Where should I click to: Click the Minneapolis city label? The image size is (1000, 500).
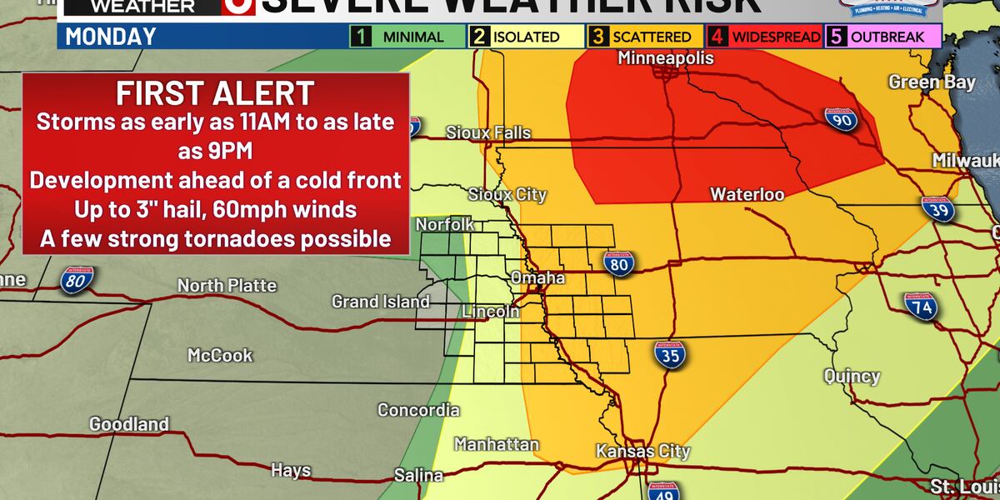point(666,58)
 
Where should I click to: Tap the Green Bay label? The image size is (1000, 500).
point(919,82)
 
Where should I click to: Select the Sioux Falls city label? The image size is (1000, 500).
point(488,132)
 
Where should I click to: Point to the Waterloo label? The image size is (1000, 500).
point(747,194)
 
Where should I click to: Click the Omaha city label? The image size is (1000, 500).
point(537,277)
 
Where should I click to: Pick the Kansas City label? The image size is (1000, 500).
point(642,452)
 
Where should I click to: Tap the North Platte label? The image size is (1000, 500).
point(227,286)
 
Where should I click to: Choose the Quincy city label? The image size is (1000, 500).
point(852,377)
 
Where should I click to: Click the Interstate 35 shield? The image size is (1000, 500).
point(669,354)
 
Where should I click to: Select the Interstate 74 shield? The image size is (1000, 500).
point(922,307)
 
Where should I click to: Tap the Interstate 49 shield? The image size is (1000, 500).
point(664,491)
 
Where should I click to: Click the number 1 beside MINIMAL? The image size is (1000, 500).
point(362,37)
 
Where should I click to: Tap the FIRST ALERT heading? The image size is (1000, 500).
point(216,92)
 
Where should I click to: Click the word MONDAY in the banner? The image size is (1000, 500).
point(111,37)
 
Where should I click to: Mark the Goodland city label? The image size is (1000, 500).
point(129,424)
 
